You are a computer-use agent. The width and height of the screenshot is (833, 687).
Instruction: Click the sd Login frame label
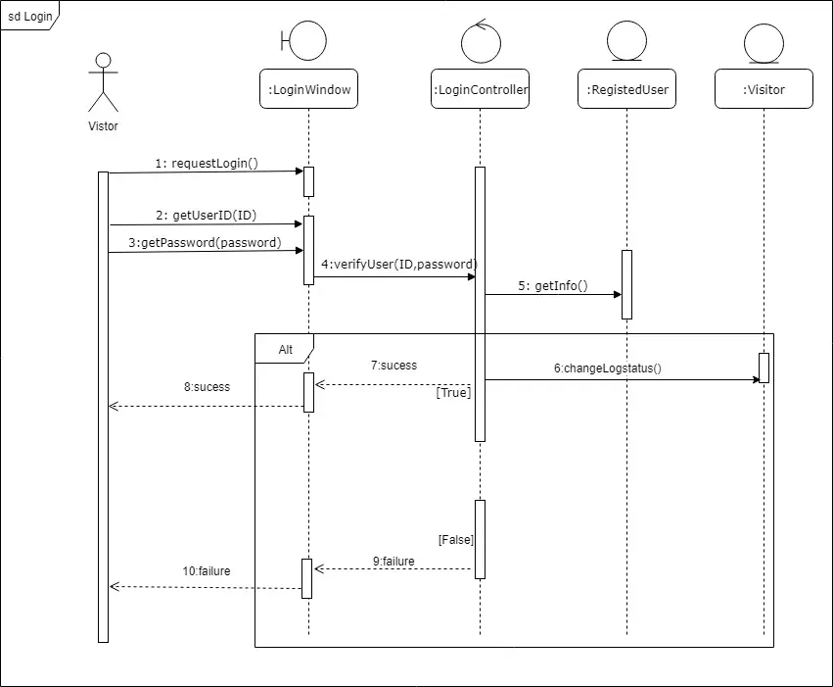(x=29, y=16)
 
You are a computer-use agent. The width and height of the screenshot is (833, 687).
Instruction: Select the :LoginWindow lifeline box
(x=308, y=89)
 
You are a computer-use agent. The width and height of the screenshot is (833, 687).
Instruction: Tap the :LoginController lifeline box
(x=481, y=89)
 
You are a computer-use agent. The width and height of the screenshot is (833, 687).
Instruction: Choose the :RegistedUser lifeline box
(x=626, y=89)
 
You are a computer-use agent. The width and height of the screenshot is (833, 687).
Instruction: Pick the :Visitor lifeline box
(x=764, y=89)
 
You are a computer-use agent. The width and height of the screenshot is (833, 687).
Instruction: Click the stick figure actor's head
(x=103, y=60)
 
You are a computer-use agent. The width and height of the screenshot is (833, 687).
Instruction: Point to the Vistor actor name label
(x=103, y=126)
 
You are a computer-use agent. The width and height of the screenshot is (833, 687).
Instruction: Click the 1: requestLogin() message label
(x=207, y=164)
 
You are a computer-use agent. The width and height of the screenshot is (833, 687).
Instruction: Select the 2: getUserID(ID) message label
(x=207, y=216)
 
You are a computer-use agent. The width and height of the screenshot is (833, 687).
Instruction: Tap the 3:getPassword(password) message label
(x=205, y=243)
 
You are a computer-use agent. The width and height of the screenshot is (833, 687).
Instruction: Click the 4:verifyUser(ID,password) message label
(x=399, y=265)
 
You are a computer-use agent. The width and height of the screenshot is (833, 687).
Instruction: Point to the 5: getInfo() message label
(x=553, y=286)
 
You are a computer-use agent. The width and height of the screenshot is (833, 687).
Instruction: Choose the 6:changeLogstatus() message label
(x=608, y=368)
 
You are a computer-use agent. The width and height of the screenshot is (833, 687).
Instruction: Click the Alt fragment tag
(x=285, y=349)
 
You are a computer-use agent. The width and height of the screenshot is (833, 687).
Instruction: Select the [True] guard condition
(x=453, y=392)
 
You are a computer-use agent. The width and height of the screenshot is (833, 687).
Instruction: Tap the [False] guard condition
(x=456, y=540)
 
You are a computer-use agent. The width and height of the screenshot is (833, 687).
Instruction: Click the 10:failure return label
(x=207, y=571)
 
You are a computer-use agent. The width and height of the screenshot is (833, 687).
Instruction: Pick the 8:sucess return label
(x=208, y=387)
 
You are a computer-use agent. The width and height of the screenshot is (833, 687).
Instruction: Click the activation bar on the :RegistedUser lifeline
(x=626, y=284)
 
